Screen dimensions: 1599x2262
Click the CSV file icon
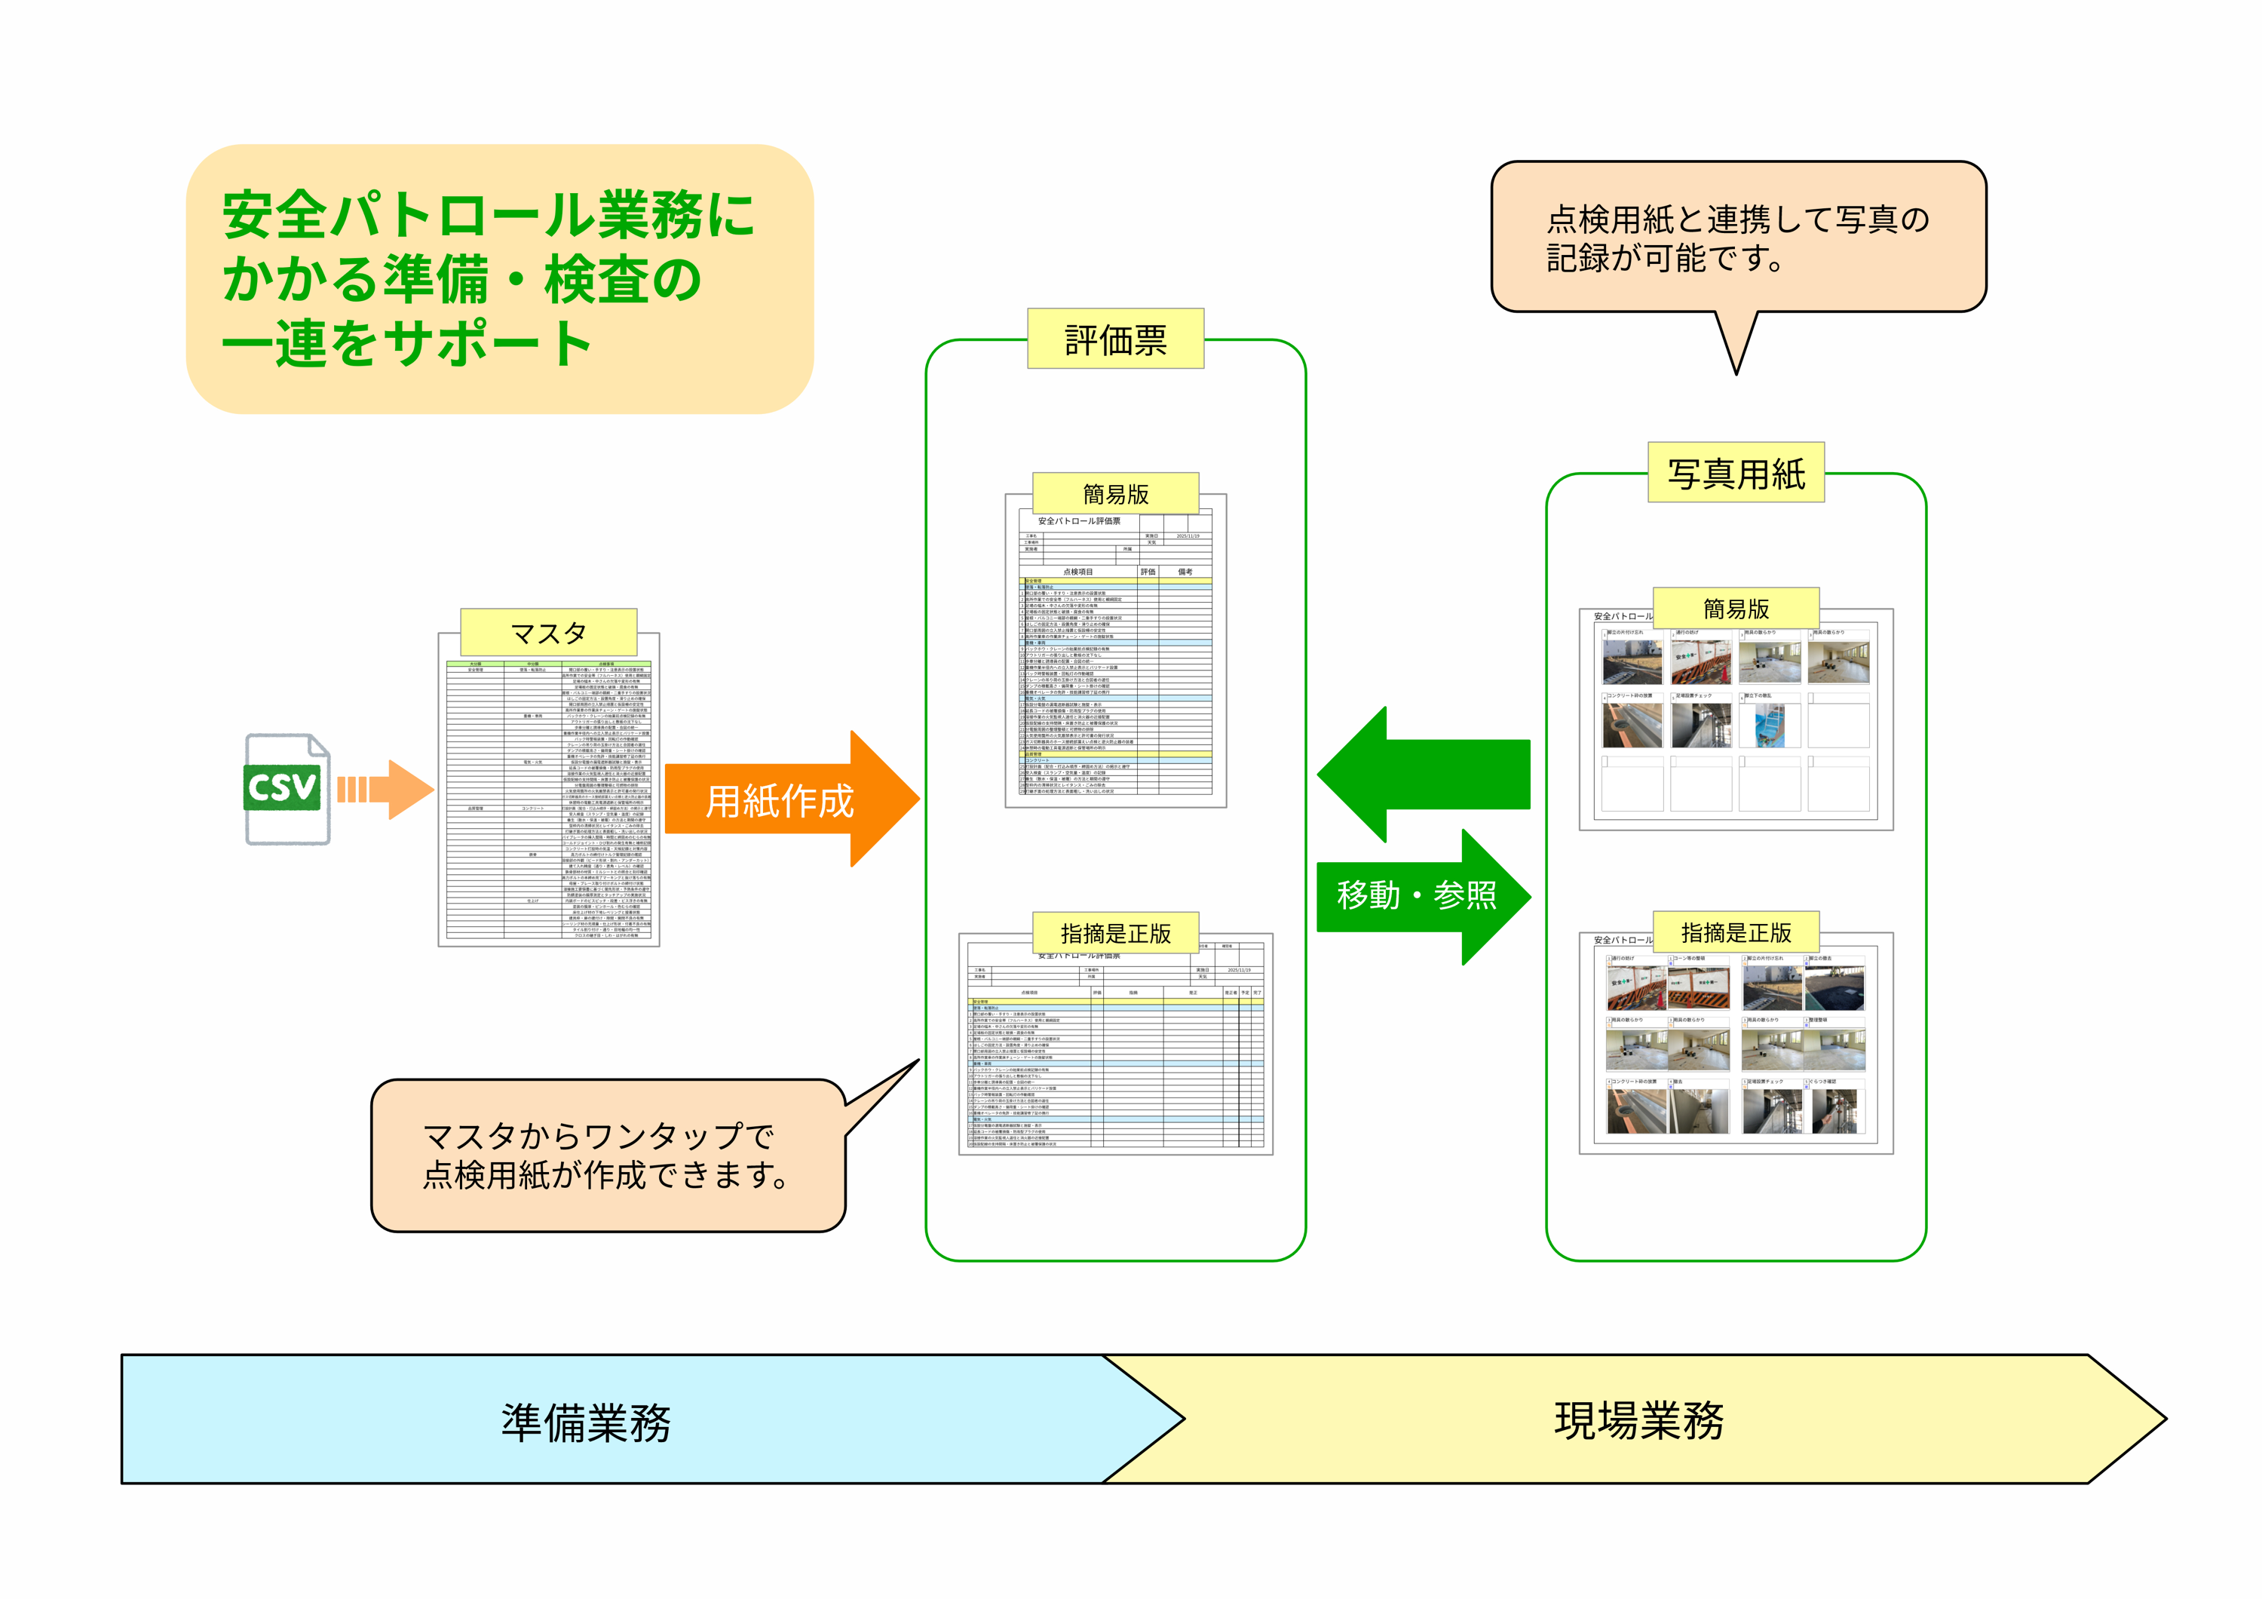click(286, 788)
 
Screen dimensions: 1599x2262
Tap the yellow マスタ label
click(549, 633)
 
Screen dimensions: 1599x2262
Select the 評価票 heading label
click(1115, 339)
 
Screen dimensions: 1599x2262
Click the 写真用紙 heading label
click(1736, 473)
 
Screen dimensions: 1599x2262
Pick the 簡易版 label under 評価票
click(1115, 493)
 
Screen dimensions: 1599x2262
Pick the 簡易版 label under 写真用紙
click(1736, 608)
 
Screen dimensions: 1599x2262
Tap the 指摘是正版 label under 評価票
click(1115, 933)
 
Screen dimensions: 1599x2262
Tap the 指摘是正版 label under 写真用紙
click(1736, 932)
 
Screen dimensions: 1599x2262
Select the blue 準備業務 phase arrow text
click(585, 1422)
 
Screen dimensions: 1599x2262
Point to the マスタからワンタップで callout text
click(598, 1136)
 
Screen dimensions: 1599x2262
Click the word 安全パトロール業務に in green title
click(488, 215)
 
